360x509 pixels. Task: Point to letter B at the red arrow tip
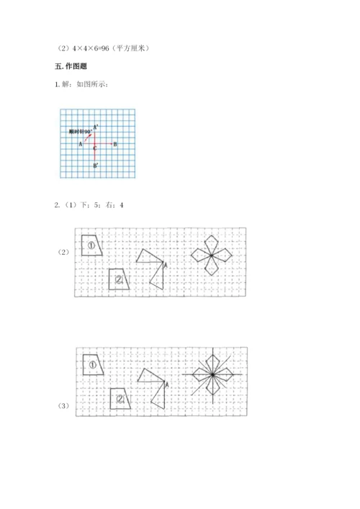click(x=116, y=144)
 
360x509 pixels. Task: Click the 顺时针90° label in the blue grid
click(x=78, y=132)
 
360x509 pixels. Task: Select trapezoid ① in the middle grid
click(x=93, y=246)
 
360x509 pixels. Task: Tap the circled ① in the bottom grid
click(x=93, y=365)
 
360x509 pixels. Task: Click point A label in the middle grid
click(x=166, y=266)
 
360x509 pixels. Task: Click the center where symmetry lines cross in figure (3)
click(x=213, y=374)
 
